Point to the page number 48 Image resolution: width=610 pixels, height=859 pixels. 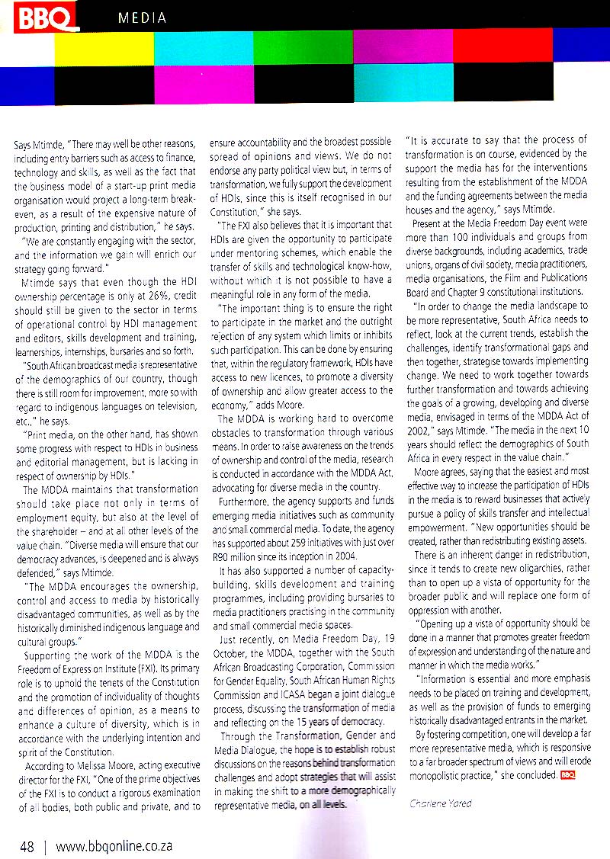pos(27,845)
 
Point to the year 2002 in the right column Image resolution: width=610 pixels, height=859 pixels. pos(422,428)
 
